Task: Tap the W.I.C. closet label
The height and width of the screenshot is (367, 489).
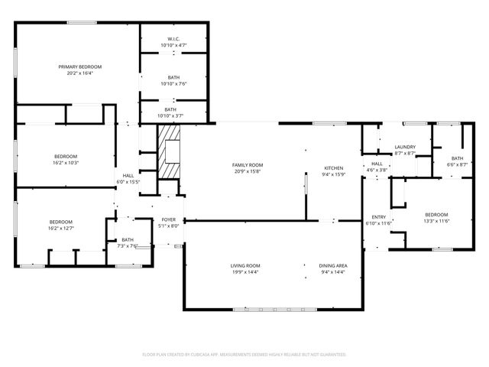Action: pos(173,39)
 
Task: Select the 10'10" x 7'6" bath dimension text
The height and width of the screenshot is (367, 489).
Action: pos(173,83)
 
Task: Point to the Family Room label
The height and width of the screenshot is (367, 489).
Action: pos(248,165)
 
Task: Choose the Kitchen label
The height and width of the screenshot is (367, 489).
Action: pos(333,168)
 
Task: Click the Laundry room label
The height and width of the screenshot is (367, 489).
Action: pos(404,147)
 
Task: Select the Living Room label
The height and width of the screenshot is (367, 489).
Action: pos(246,265)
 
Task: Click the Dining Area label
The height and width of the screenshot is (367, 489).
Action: pos(333,265)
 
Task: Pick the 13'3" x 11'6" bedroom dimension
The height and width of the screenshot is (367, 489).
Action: pos(436,221)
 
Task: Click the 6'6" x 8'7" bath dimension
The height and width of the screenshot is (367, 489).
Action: pos(457,165)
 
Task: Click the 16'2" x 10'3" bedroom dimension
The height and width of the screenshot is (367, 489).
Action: pos(66,163)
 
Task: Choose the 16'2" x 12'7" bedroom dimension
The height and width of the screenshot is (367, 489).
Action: pos(62,228)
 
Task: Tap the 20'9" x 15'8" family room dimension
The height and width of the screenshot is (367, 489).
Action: pos(248,171)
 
